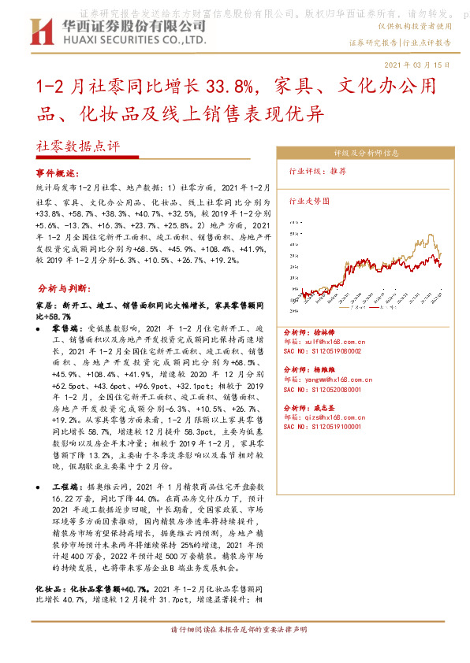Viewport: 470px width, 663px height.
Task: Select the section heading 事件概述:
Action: point(60,172)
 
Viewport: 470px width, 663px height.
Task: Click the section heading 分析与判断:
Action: point(65,289)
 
